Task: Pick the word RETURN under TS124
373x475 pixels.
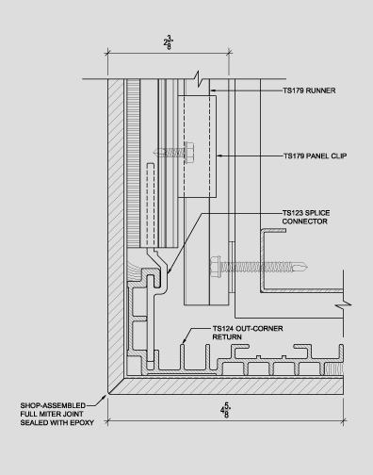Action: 228,337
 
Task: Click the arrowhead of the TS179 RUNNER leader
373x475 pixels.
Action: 210,91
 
